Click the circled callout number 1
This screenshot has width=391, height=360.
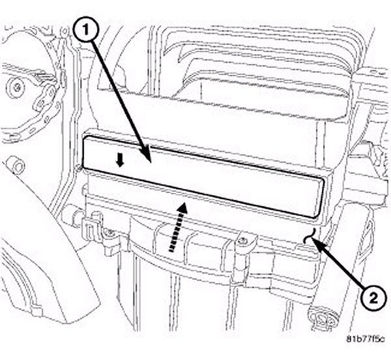pos(87,31)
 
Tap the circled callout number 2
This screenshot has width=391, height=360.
pos(373,299)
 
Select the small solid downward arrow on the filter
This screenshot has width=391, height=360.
pos(120,162)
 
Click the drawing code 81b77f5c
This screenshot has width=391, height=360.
pos(366,339)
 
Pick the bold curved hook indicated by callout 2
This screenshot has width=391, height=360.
pos(310,235)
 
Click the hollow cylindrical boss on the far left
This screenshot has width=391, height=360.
pos(17,166)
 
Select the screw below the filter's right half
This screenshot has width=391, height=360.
pos(240,241)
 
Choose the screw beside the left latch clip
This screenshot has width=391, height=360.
pos(111,233)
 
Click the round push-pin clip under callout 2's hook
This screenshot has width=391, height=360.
pos(322,318)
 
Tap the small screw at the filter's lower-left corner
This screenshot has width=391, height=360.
pos(80,168)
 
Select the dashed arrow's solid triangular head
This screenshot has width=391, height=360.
pos(183,207)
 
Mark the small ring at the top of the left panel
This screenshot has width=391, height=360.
pos(65,31)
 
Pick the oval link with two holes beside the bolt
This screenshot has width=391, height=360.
pos(45,98)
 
